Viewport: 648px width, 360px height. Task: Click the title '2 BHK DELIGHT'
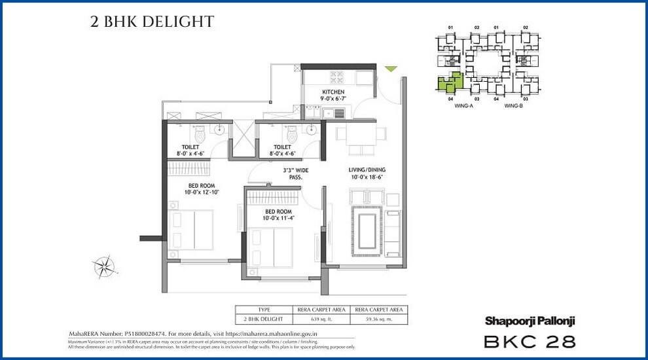[152, 22]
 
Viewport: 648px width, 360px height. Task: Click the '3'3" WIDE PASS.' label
[295, 173]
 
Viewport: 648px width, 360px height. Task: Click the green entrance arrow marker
[391, 69]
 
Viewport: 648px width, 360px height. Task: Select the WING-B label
[513, 105]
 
